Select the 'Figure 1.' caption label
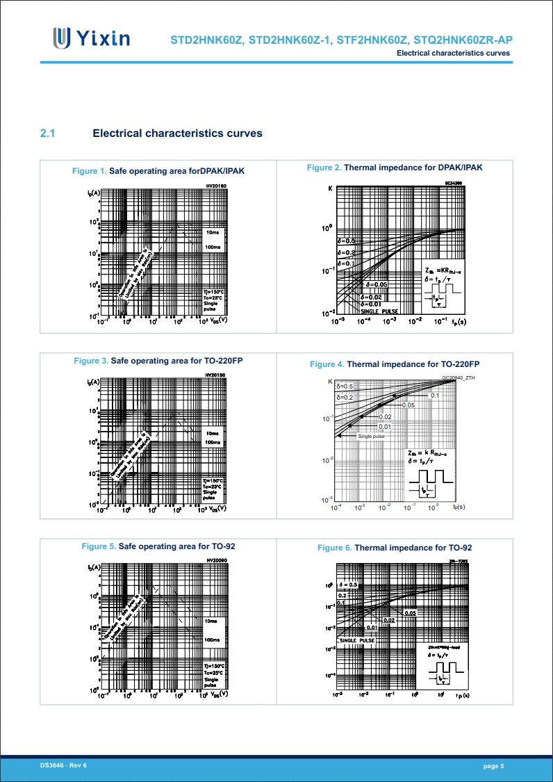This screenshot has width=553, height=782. click(90, 171)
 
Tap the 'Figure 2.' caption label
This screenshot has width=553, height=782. click(324, 168)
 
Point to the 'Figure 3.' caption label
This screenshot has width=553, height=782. click(91, 361)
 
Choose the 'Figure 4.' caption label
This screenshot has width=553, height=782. click(327, 364)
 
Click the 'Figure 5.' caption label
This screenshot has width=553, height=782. click(99, 547)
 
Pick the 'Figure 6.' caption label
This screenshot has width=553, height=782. click(334, 548)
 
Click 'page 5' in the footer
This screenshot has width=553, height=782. click(493, 765)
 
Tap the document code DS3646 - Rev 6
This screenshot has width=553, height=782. click(63, 765)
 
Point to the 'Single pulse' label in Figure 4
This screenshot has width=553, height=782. click(371, 437)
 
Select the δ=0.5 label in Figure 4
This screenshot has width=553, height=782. click(345, 386)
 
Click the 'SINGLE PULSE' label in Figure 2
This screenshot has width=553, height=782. click(379, 311)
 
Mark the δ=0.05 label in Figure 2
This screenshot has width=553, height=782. click(376, 285)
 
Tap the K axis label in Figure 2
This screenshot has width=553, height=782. click(330, 188)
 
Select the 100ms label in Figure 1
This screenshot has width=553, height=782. click(213, 247)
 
